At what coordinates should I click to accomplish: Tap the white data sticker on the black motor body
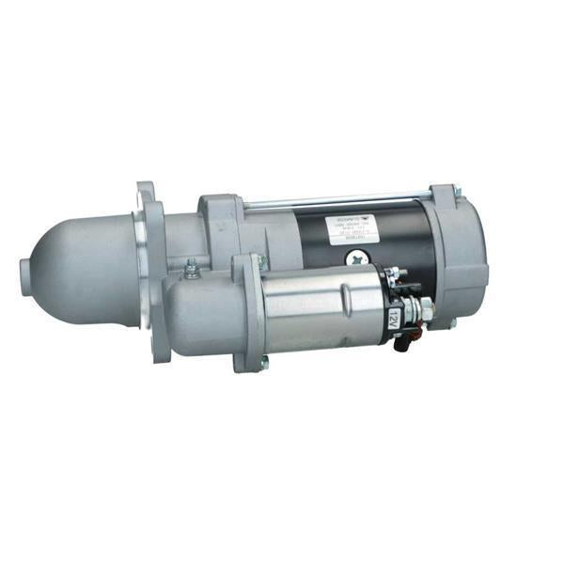pyautogui.click(x=349, y=229)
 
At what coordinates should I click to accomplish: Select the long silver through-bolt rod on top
pyautogui.click(x=338, y=199)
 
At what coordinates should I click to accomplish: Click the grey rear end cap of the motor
pyautogui.click(x=461, y=254)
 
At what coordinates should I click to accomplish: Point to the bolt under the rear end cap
pyautogui.click(x=452, y=324)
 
